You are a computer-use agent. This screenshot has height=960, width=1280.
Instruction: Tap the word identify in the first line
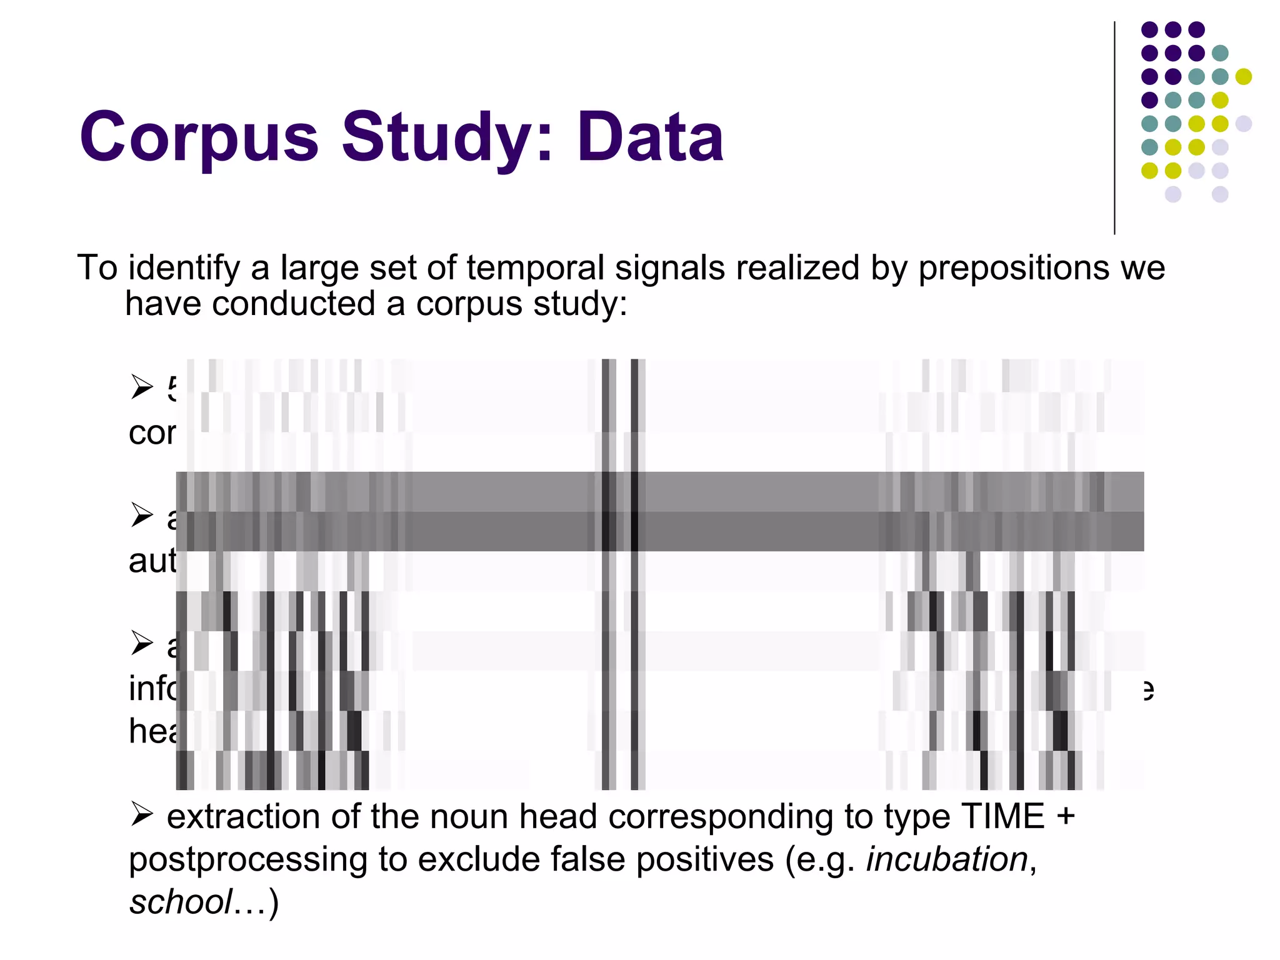[x=184, y=269]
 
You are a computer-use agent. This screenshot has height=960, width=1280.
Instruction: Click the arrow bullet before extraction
[x=142, y=815]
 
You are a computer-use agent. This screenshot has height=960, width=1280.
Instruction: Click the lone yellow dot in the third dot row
[x=1243, y=76]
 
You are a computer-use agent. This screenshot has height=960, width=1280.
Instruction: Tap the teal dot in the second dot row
[x=1220, y=53]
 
